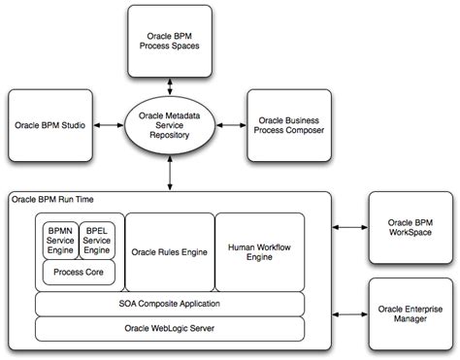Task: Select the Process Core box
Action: pos(78,273)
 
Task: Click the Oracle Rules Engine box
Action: pos(169,252)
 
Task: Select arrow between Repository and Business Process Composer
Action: pos(233,126)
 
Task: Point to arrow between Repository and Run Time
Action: pos(172,176)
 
